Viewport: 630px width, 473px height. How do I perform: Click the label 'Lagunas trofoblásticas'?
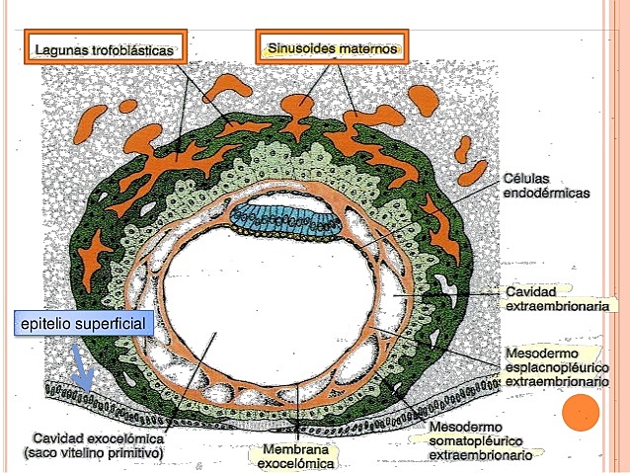104,47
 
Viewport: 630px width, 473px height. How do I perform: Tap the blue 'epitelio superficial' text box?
82,324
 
